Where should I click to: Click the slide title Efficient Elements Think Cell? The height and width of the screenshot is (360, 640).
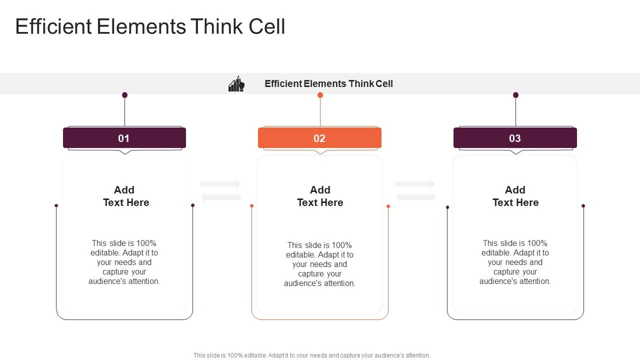point(150,26)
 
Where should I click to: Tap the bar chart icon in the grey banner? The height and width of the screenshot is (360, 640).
point(236,84)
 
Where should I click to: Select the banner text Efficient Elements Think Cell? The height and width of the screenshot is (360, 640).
point(328,84)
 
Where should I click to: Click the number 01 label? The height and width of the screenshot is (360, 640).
point(124,138)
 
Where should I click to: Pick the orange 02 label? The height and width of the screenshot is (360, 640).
point(319,138)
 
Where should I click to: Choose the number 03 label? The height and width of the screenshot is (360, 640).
point(515,138)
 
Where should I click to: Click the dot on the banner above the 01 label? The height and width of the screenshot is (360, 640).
point(124,95)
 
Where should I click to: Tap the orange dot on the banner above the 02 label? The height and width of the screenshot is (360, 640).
point(320,95)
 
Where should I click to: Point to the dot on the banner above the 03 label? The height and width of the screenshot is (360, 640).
point(515,95)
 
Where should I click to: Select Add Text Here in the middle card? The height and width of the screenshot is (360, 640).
point(320,196)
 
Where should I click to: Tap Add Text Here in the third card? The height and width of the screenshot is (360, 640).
point(515,196)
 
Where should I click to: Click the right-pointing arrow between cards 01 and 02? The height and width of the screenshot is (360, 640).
point(221,184)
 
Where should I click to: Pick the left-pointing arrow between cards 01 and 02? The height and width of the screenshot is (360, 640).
point(220,197)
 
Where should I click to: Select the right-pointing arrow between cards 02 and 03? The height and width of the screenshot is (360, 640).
point(415,184)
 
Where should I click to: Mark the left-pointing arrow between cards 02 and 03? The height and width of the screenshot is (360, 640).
point(415,197)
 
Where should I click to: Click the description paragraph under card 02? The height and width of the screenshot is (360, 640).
point(319,264)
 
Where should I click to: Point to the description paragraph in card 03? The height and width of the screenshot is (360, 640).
point(515,262)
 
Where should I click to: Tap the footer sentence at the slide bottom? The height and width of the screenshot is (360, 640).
point(311,355)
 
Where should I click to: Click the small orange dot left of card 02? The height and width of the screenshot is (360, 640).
point(251,206)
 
